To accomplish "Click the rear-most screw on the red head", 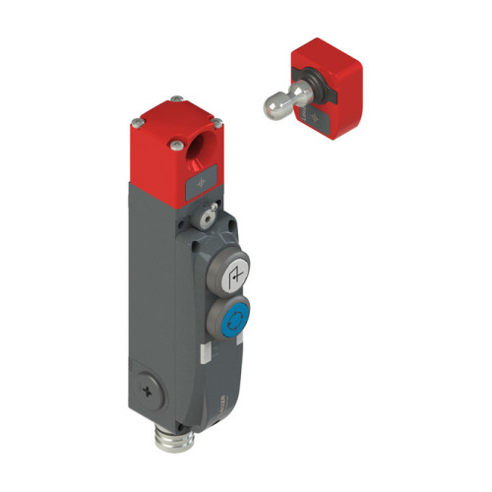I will point(173,97).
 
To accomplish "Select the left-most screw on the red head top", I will point(132,122).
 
